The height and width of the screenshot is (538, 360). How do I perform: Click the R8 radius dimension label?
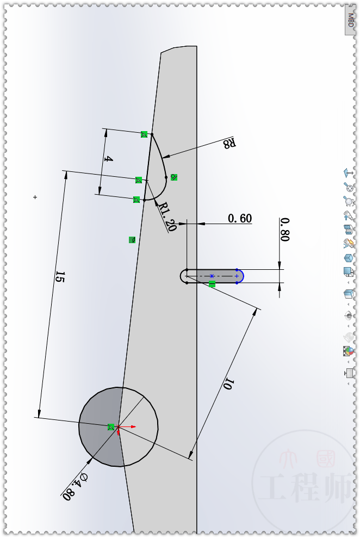tap(229, 143)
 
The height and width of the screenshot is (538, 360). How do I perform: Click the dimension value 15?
tap(60, 277)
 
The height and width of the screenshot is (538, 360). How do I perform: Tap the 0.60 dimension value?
tap(239, 218)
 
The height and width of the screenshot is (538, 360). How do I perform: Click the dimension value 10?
tap(228, 384)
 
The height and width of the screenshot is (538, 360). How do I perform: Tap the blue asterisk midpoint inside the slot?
tap(212, 276)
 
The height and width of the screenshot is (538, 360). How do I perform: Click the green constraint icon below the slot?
tap(212, 284)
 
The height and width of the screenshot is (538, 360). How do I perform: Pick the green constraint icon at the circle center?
tap(111, 428)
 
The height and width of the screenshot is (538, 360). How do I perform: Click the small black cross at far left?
tap(35, 197)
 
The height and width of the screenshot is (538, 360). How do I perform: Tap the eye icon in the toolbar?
tap(349, 316)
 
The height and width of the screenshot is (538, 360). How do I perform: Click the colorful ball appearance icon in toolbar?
tap(349, 351)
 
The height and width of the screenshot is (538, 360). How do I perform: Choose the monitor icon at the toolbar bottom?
tap(349, 373)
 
